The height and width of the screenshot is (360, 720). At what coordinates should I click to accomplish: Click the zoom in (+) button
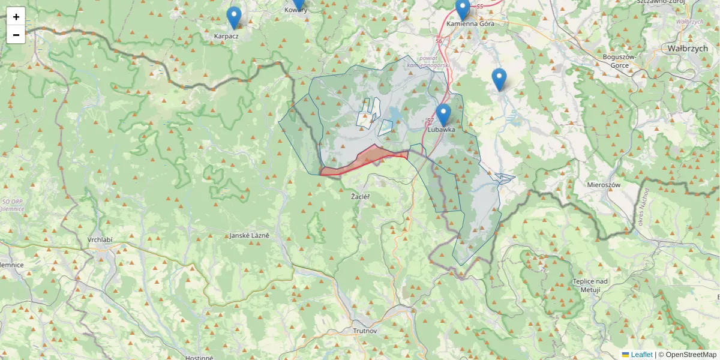click(16, 17)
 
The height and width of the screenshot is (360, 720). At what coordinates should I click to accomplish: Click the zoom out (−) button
click(16, 35)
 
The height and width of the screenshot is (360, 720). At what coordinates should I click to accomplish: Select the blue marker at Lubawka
click(443, 115)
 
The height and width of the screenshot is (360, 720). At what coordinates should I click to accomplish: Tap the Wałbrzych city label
click(687, 48)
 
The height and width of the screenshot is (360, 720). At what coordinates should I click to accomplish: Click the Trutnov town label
click(365, 331)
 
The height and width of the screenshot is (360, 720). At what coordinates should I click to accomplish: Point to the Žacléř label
click(360, 196)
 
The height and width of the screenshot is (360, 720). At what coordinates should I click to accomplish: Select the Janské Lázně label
click(249, 235)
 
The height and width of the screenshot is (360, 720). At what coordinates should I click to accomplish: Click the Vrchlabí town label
click(100, 239)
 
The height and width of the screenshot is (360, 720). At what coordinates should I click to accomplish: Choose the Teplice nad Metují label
click(590, 286)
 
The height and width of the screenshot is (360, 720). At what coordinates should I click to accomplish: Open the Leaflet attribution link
click(641, 355)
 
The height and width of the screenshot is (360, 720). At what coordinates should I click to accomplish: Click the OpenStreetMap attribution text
click(691, 355)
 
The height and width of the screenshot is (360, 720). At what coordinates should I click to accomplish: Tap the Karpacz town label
click(226, 36)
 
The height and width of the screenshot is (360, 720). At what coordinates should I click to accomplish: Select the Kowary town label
click(296, 10)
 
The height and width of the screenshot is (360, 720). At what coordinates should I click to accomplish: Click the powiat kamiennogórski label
click(428, 61)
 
